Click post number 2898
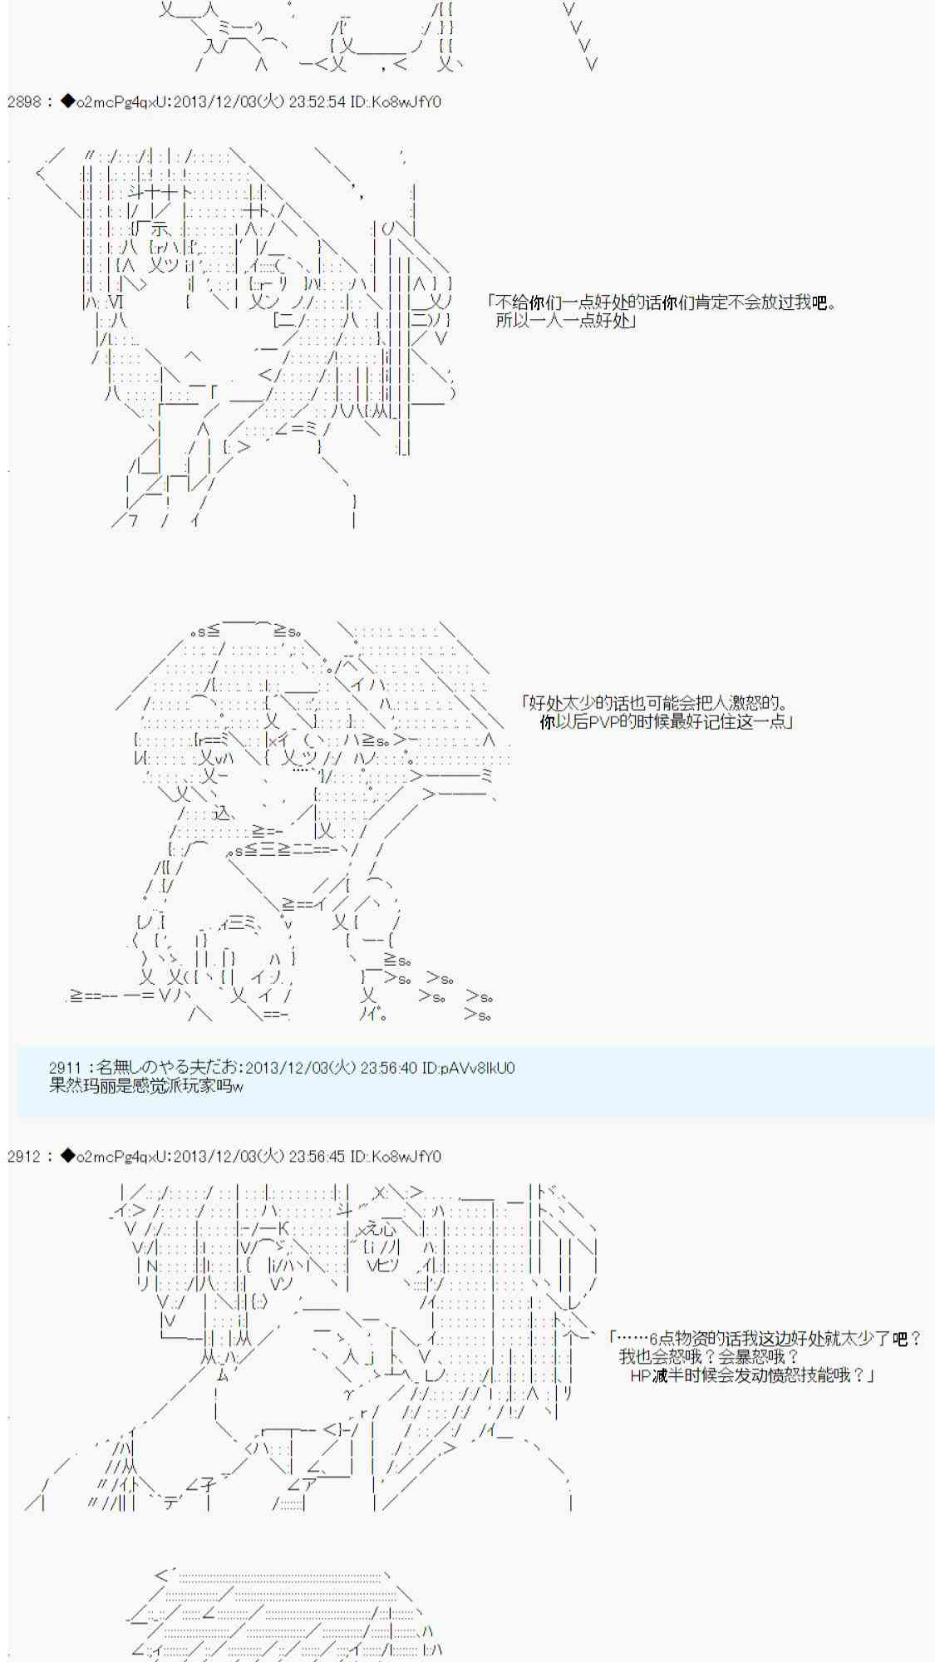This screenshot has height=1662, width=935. [x=23, y=102]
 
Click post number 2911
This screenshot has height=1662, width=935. [x=66, y=1068]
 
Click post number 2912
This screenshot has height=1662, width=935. [x=23, y=1157]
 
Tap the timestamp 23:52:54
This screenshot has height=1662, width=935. [x=317, y=102]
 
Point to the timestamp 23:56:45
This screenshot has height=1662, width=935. [x=317, y=1157]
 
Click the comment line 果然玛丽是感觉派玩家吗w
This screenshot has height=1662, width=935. [x=146, y=1085]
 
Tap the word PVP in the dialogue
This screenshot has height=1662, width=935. [x=591, y=722]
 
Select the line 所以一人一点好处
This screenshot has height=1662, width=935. [x=566, y=321]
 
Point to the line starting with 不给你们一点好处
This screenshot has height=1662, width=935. [x=663, y=302]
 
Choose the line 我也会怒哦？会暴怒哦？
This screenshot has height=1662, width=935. [x=709, y=1357]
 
